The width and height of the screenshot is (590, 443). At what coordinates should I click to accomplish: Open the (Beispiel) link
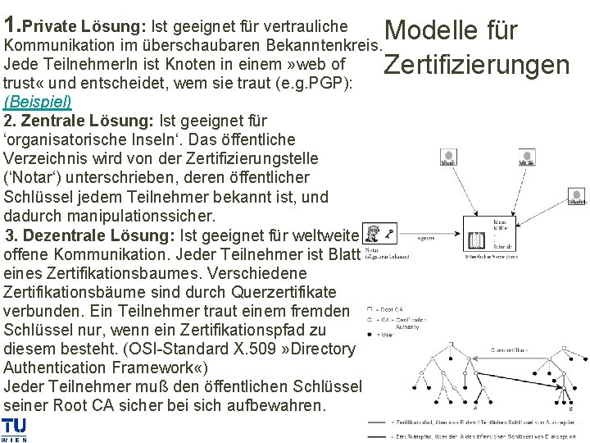click(x=38, y=102)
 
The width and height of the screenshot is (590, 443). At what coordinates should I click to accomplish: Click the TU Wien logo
click(x=14, y=429)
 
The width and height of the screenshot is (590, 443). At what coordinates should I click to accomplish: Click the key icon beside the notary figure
click(x=390, y=231)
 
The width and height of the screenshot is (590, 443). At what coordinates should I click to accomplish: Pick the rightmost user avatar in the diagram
click(x=577, y=194)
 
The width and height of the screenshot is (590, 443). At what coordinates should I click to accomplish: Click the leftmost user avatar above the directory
click(x=448, y=157)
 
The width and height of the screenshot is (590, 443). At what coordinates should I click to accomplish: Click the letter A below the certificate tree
click(x=474, y=407)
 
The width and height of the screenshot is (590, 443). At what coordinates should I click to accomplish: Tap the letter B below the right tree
click(x=571, y=407)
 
